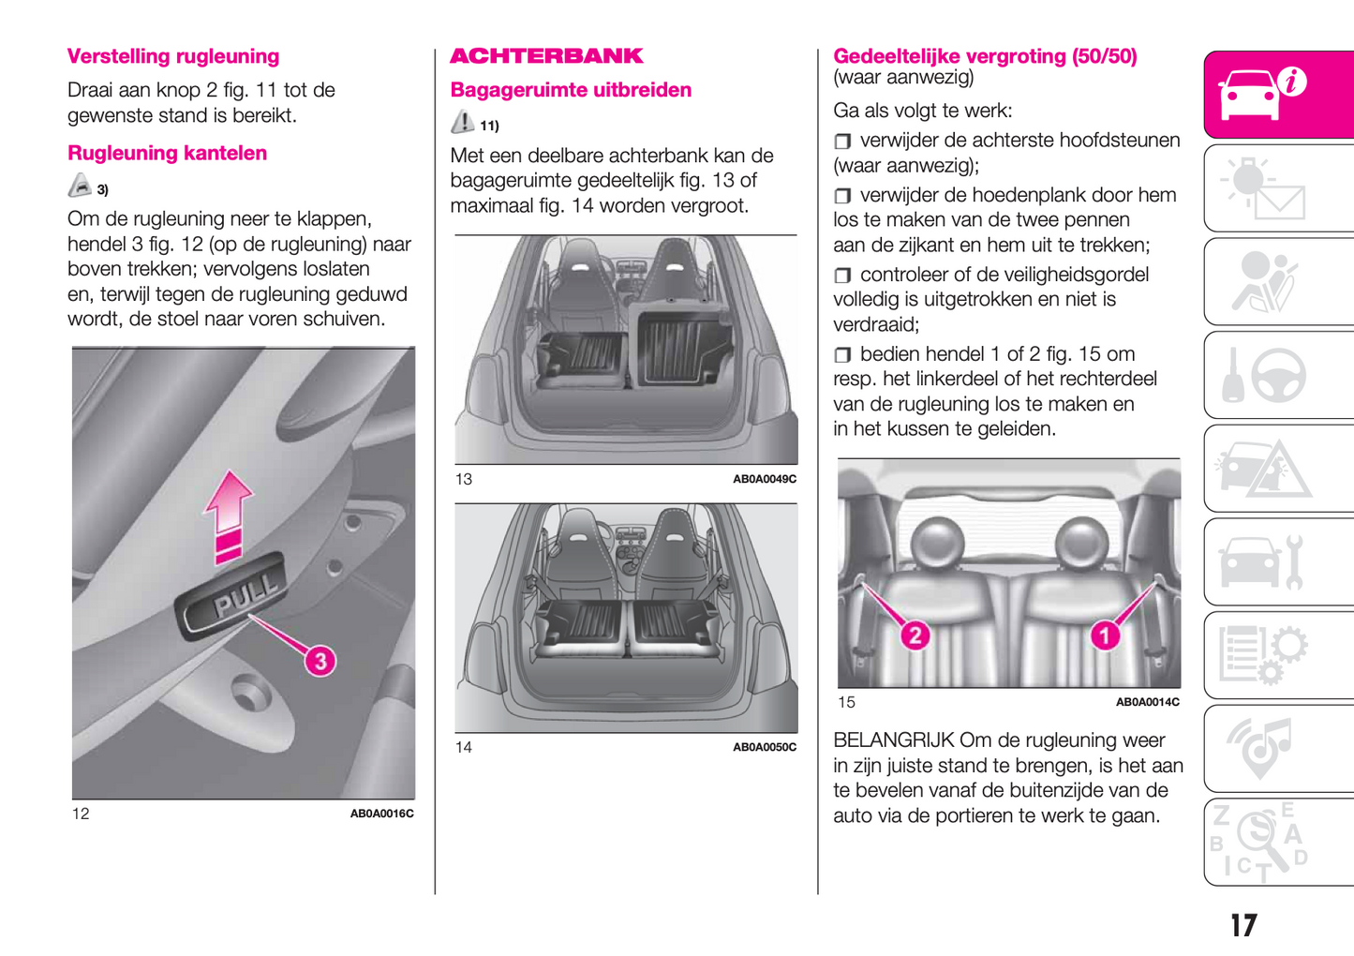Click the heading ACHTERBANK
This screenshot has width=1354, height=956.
coord(546,56)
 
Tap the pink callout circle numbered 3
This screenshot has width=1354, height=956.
coord(320,661)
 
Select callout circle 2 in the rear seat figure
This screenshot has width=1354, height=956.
coord(915,635)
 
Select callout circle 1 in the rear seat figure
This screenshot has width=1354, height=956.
coord(1105,635)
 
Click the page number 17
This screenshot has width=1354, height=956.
coord(1243,926)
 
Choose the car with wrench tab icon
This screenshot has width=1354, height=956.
coord(1260,562)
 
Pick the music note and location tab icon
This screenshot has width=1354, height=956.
coord(1260,748)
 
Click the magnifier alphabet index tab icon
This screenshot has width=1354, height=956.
coord(1260,842)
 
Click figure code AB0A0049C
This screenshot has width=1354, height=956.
coord(764,479)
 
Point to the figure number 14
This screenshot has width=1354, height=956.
coord(464,747)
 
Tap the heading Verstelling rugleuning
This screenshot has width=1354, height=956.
coord(173,56)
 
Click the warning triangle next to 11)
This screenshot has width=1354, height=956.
coord(462,122)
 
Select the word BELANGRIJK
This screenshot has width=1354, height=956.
coord(893,740)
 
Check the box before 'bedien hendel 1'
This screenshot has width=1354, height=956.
coord(842,355)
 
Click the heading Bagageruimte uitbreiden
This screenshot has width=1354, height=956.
coord(571,90)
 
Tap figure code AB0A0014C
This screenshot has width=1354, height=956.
coord(1147,702)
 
